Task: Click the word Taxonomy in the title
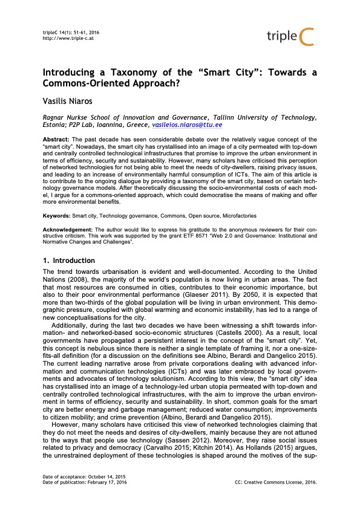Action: pos(136,73)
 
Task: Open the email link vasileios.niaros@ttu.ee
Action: pos(187,124)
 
